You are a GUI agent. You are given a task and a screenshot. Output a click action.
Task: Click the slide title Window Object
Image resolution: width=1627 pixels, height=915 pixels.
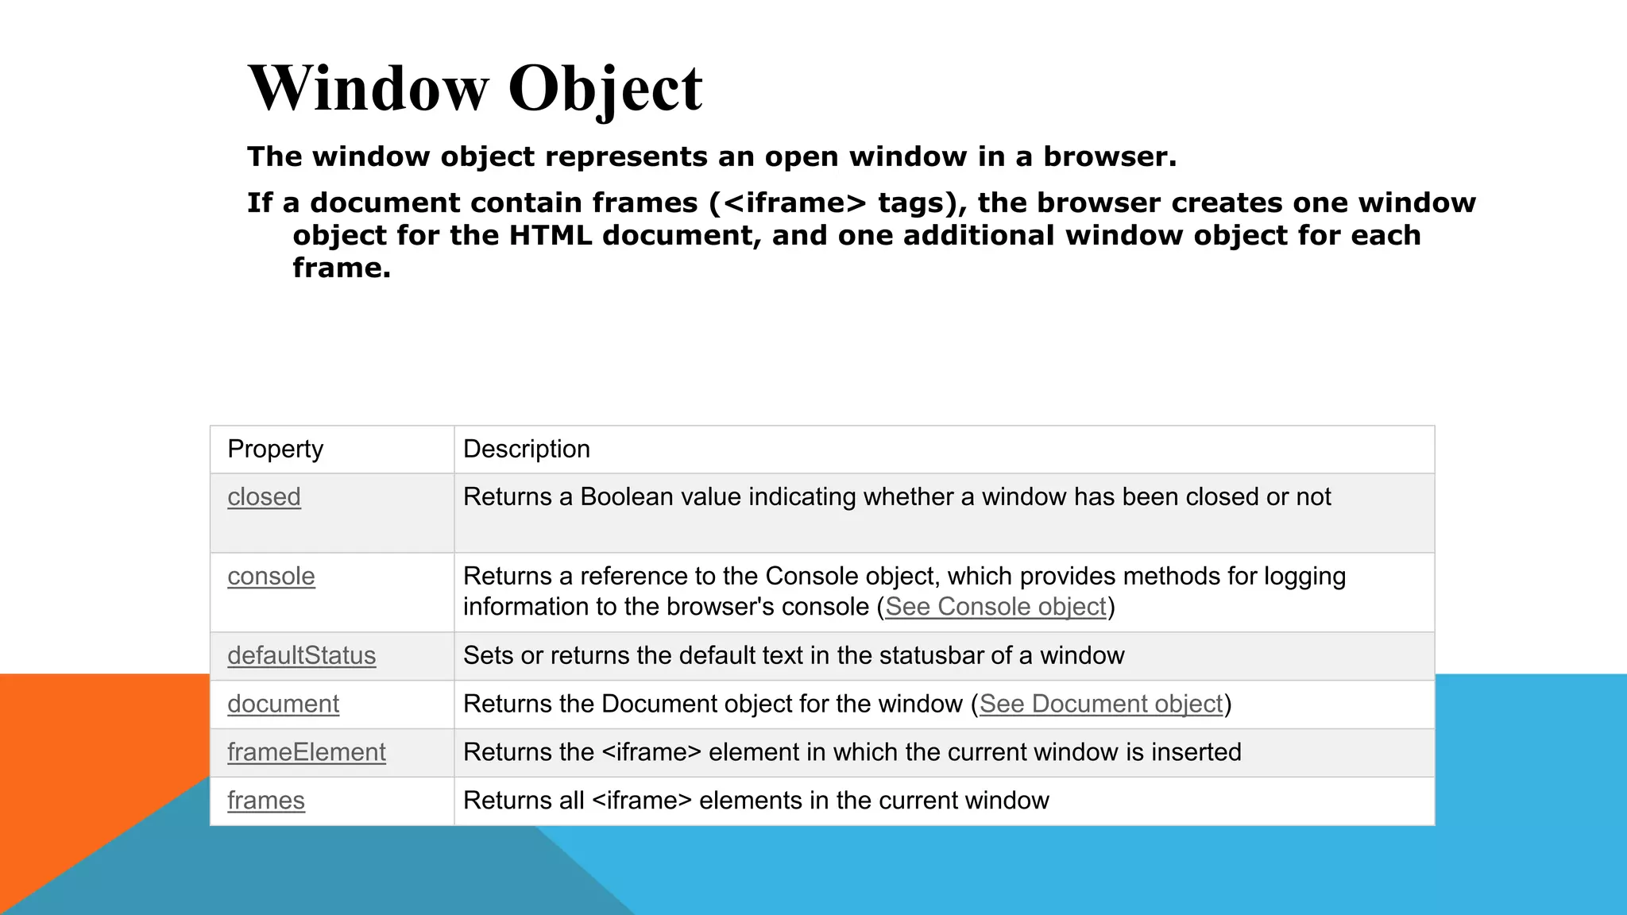click(475, 88)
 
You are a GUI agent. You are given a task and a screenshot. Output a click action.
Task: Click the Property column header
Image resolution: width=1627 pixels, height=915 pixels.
click(275, 449)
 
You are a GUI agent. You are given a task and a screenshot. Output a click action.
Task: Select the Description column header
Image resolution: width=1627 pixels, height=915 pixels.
click(526, 449)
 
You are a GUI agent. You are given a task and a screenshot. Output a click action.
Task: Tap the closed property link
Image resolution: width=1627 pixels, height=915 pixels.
click(264, 497)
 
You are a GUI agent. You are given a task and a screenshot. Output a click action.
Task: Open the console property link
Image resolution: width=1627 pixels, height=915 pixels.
click(271, 577)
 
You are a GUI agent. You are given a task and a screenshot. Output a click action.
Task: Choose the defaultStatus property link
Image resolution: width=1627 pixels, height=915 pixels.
click(301, 656)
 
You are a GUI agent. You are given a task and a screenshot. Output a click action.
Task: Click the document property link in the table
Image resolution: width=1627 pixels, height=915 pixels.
click(283, 705)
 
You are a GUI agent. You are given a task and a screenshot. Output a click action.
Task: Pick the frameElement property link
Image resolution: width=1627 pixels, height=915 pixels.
click(306, 752)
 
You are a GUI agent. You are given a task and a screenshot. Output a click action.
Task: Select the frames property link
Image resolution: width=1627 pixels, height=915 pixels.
click(265, 801)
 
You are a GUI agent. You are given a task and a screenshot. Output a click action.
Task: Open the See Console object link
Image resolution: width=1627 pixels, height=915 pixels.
click(995, 607)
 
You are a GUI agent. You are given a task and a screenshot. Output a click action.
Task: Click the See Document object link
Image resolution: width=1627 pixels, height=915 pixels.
click(1100, 705)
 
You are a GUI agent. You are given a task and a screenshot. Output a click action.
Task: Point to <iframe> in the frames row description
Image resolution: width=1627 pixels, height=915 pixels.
click(642, 801)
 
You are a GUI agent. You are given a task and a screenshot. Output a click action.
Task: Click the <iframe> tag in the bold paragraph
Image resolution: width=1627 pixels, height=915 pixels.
click(795, 203)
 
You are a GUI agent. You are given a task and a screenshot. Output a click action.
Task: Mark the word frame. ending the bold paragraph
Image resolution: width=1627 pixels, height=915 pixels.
click(342, 268)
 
